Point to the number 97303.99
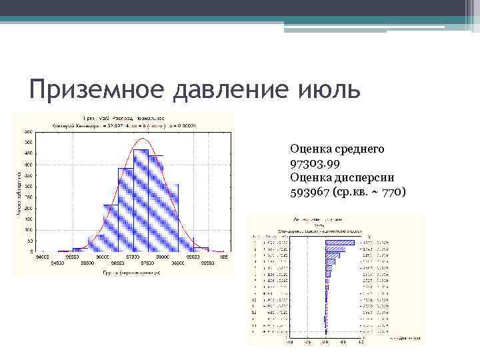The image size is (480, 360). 316,163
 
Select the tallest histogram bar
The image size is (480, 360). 141,200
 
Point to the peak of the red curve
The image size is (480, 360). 142,139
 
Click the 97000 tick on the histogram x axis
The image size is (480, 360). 133,256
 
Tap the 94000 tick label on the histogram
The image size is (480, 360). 43,256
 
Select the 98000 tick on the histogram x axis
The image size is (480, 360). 163,256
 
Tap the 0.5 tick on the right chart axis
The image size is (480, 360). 343,343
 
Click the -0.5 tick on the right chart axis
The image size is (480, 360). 307,343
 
